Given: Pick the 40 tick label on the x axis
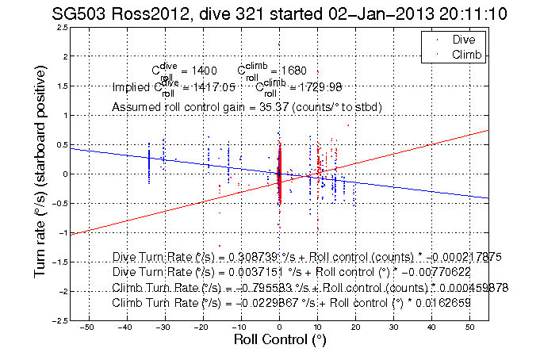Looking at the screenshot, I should click(x=431, y=327).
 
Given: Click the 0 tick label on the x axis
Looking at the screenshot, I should click(x=279, y=327).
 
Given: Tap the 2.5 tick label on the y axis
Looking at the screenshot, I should click(x=61, y=28).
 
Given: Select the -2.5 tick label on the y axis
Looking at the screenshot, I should click(x=59, y=320).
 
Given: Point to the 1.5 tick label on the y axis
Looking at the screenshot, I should click(x=61, y=86).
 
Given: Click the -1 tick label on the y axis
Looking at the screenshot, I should click(x=62, y=233).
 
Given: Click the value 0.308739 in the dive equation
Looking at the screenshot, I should click(x=250, y=259).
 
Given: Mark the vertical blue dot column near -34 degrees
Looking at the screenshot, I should click(x=149, y=163).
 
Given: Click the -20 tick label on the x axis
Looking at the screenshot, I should click(x=202, y=327).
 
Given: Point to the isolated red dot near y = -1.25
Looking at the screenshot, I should click(x=220, y=247).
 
